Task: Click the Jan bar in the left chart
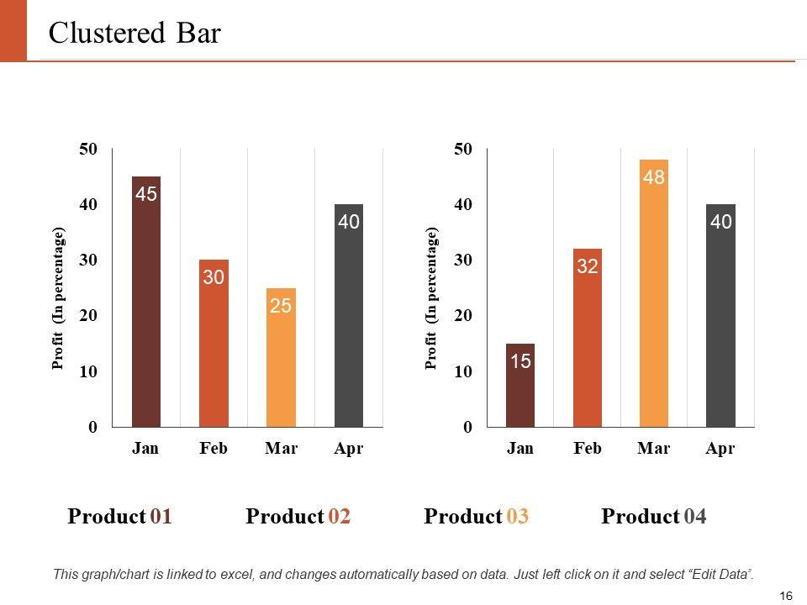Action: coord(146,302)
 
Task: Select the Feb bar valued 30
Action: coord(214,345)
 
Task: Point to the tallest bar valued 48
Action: coord(654,293)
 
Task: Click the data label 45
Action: coord(146,194)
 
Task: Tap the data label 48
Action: coord(654,177)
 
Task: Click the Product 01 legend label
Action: coord(120,516)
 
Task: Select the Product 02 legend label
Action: coord(298,516)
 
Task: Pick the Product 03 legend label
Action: coord(477,516)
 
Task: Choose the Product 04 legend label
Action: coord(654,516)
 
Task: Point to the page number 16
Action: coord(787,596)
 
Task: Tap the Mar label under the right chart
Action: coord(654,449)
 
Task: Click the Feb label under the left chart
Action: coord(214,449)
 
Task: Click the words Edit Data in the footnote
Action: coord(720,574)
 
